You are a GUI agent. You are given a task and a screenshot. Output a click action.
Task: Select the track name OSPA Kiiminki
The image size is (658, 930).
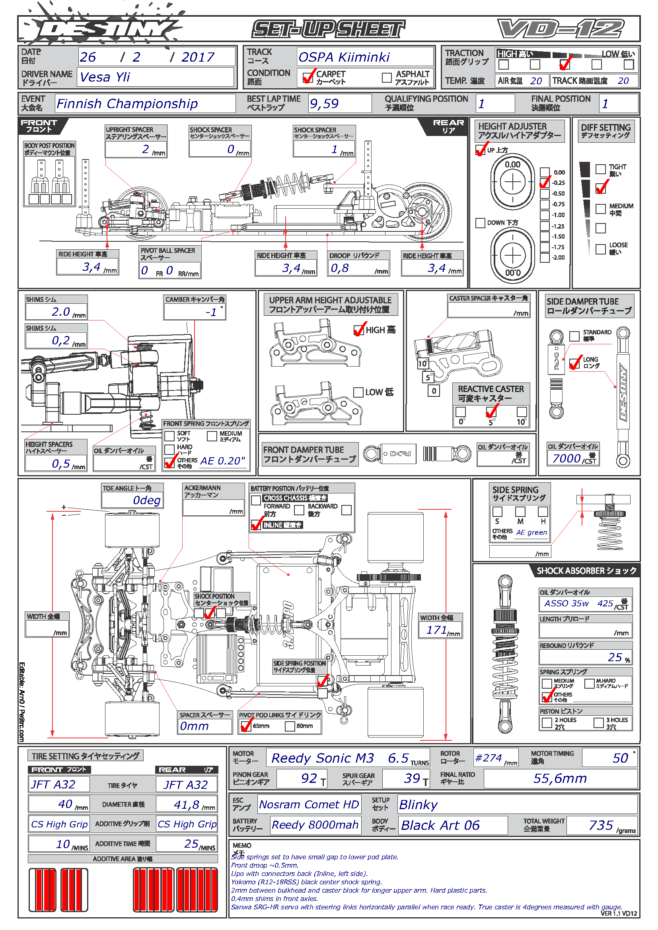pos(344,57)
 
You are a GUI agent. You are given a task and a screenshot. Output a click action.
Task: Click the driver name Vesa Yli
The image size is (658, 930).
pos(105,77)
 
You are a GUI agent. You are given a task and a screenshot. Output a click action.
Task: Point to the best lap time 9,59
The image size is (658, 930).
pos(324,104)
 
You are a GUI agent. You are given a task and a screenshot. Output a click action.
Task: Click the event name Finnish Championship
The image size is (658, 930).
pos(127,104)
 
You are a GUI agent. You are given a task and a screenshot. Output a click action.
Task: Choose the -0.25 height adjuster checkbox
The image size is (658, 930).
pos(545,183)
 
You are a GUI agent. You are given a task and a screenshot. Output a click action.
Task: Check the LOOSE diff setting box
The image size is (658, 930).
pos(600,249)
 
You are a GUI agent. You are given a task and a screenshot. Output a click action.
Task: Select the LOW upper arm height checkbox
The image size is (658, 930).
pos(358,392)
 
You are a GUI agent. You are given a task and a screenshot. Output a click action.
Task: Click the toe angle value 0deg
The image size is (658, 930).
pos(147,500)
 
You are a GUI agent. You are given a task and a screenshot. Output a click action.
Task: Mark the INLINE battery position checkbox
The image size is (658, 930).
pos(256,525)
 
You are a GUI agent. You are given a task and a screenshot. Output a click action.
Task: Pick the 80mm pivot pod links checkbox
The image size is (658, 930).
pos(290,726)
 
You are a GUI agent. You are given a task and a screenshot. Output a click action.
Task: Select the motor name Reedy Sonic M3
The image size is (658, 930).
pos(323,758)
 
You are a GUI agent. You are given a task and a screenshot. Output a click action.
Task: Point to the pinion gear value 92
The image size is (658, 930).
pos(309,778)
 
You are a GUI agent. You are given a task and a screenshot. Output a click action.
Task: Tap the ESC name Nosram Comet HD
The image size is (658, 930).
pos(309,804)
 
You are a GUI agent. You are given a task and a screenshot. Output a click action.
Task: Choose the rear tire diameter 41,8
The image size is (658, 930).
pos(185,804)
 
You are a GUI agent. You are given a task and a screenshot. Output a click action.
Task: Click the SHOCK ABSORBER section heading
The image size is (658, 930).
pos(586,571)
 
